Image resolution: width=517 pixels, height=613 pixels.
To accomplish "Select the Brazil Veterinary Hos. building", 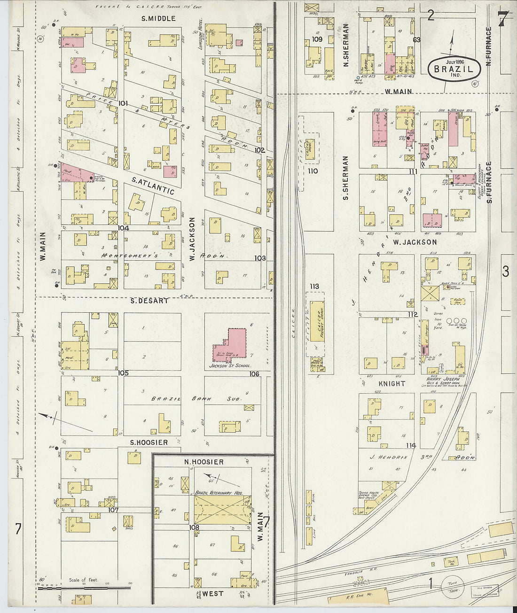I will pos(222,510).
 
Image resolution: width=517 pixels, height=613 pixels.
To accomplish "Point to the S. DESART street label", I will pos(149,301).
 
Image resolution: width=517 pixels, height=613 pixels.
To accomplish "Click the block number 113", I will pos(314,286).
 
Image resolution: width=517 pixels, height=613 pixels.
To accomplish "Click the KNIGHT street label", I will pos(392,383).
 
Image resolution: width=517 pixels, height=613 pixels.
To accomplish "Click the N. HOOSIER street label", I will pos(204,462).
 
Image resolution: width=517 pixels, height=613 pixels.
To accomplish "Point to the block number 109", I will pos(317,39).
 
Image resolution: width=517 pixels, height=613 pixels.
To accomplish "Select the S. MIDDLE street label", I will pos(158,19).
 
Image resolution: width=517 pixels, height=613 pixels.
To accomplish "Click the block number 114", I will pos(411,445).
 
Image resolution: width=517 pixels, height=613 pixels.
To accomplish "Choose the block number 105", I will pos(123,373).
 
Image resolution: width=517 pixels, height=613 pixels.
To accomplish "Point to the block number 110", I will pos(313,171).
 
